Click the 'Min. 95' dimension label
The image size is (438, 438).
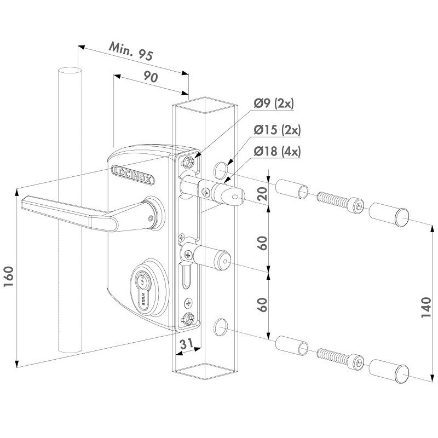131,51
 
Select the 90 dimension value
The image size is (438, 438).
151,77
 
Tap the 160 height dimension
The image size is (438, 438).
9,276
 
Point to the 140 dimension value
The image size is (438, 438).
426,307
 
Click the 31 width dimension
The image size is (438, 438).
186,344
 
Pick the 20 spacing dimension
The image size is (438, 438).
262,194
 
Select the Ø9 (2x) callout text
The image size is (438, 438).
274,104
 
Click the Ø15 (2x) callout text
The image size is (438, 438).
277,130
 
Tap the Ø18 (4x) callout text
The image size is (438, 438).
277,152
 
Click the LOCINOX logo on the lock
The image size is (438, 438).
132,175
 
